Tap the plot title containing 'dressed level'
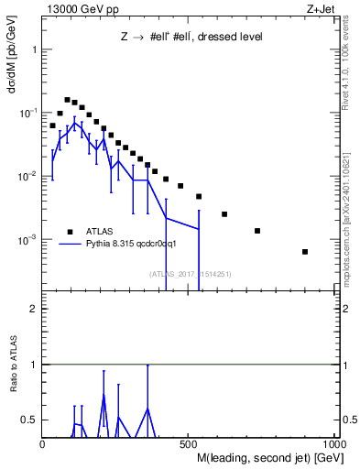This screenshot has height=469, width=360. (191, 38)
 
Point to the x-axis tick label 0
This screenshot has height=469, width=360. (43, 443)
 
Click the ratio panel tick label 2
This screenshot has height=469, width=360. (34, 309)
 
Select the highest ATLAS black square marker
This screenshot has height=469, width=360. (67, 99)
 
